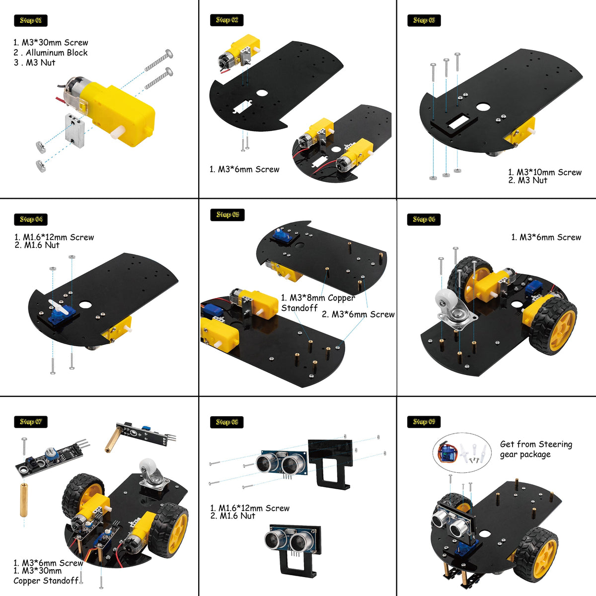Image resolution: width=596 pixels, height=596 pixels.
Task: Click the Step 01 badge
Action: point(30,20)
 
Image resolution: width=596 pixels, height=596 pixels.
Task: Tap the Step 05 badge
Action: point(227,215)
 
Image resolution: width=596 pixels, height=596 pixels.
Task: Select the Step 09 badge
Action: point(424,422)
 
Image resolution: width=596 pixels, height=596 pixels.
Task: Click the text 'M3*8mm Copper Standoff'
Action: point(318,302)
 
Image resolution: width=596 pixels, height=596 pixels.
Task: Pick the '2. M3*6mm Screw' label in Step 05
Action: point(358,314)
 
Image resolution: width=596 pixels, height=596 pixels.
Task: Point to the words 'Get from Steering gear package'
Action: point(535,449)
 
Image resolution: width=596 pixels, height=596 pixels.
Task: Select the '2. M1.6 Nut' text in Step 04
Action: point(37,245)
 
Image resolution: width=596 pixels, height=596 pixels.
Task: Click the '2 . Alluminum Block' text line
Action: point(51,53)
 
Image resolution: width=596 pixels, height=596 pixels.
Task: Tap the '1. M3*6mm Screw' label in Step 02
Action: point(244,169)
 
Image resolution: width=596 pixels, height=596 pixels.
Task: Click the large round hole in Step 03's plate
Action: point(482,107)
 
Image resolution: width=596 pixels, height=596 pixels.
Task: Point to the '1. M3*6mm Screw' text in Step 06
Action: point(546,237)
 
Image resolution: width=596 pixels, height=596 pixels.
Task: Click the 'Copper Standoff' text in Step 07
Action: point(46,581)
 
